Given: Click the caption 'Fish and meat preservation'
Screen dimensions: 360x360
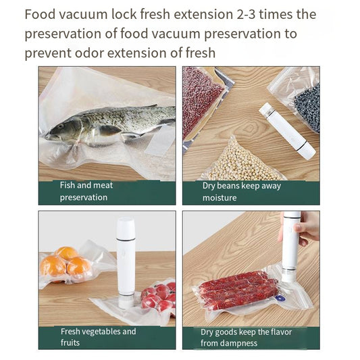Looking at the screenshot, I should coord(86,191).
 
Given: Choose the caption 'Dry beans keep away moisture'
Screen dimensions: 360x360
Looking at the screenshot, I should coord(241,191).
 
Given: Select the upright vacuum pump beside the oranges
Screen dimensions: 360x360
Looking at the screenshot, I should coord(126,260).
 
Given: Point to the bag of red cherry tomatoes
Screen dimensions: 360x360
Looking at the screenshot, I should coord(157,295).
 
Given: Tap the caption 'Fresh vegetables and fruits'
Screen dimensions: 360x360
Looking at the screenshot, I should coord(98,336).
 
